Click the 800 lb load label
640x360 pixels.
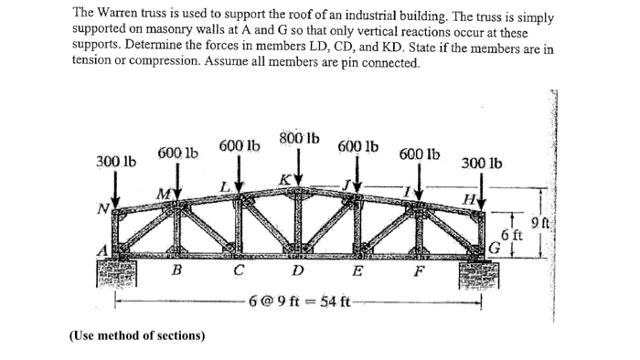(x=299, y=139)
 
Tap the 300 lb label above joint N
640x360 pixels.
(x=115, y=162)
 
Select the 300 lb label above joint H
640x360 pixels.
(x=480, y=164)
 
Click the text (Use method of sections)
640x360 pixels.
(x=137, y=335)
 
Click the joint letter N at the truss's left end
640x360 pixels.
(x=105, y=207)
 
